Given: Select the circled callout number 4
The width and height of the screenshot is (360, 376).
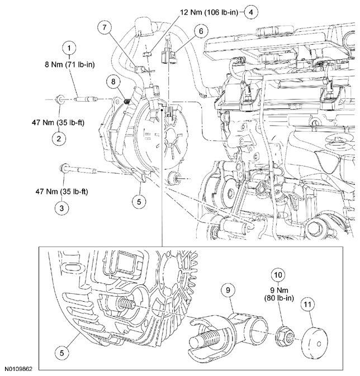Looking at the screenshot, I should click(x=251, y=11).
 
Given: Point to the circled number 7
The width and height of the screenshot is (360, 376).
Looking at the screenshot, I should click(x=104, y=27).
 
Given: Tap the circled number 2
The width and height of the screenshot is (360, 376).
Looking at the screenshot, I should click(x=58, y=138).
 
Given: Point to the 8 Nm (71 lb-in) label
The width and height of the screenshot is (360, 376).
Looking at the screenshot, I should click(x=69, y=65).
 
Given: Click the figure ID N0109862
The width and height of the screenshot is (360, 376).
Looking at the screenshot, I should click(x=20, y=369).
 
